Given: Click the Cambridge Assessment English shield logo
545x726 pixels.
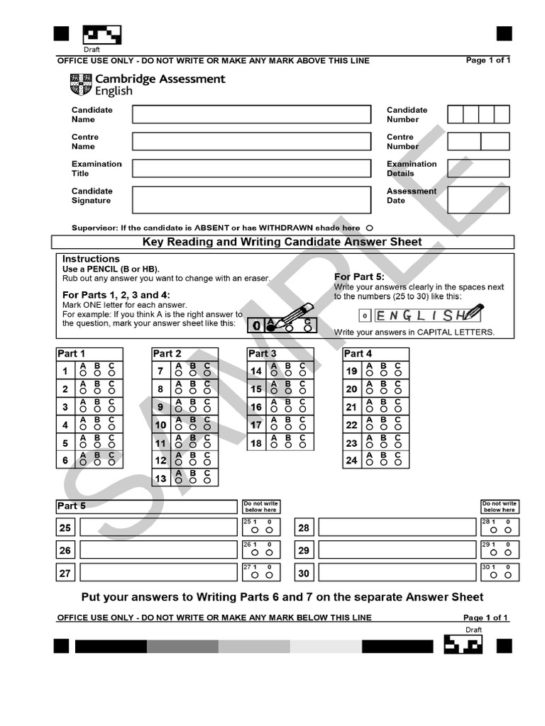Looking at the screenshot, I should coord(81,85).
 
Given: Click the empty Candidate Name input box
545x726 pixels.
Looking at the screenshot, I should coord(251,115).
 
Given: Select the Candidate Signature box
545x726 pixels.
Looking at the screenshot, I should coord(251,199).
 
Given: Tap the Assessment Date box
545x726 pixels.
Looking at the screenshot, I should coord(478,199).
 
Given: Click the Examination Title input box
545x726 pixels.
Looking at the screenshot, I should coord(251,168).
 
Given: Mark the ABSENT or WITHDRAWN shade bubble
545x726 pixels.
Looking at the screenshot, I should coord(370,228).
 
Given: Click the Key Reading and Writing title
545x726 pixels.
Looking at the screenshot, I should coord(282,242).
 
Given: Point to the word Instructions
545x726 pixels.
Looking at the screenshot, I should coord(91,259).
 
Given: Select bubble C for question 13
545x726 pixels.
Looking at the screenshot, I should coord(207,479).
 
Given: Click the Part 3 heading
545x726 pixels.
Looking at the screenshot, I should coord(262,353).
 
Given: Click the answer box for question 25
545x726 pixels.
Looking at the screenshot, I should coord(158,527).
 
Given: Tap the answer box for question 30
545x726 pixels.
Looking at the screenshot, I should coord(397,573).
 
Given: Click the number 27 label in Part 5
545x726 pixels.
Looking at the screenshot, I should coord(65,573).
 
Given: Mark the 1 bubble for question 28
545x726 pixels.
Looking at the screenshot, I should coord(494,530).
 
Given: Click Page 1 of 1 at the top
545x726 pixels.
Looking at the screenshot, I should coord(488,60).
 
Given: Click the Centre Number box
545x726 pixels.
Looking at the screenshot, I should coord(478,141).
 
